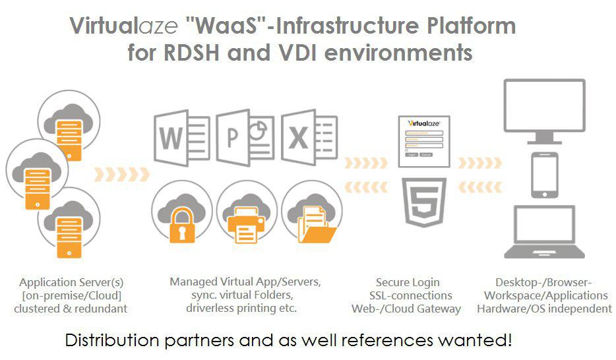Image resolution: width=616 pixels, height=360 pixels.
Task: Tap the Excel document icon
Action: [x=309, y=138]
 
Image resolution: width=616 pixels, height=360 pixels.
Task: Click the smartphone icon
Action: [x=544, y=175]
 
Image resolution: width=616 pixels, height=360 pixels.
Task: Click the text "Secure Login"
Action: [x=407, y=283]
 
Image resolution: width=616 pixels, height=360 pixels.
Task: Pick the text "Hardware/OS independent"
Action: [x=544, y=309]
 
